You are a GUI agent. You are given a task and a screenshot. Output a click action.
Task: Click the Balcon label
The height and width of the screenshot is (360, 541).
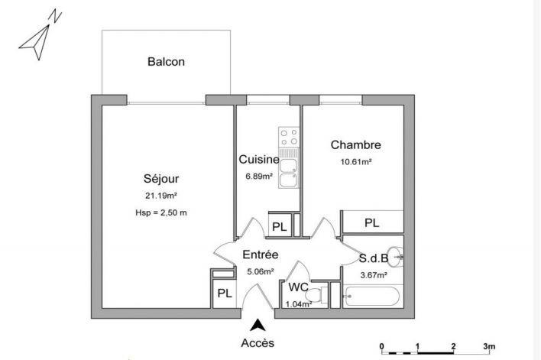[x=166, y=62]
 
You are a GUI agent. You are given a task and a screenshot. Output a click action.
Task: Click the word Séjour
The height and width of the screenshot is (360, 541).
[x=160, y=179]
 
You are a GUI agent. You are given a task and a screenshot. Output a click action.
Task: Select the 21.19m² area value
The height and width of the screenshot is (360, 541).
[x=160, y=196]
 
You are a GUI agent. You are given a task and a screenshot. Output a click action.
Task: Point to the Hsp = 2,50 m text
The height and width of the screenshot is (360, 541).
[x=160, y=212]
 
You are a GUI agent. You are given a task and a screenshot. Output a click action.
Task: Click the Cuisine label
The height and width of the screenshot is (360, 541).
[x=258, y=160]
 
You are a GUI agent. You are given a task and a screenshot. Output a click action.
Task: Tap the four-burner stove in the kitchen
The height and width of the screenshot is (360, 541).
[x=289, y=138]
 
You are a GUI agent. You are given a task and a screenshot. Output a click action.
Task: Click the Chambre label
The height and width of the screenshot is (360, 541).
[x=355, y=144]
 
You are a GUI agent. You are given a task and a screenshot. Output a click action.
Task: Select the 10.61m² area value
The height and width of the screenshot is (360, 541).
[x=355, y=161]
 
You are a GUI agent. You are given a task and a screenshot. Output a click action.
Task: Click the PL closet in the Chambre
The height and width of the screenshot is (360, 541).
[x=371, y=223]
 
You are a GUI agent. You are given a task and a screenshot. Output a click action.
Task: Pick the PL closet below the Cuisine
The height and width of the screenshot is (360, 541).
[x=279, y=227]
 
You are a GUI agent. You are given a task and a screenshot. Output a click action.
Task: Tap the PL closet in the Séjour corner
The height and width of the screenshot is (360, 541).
[x=224, y=293]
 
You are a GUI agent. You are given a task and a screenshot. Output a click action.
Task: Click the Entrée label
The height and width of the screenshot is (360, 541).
[x=260, y=255]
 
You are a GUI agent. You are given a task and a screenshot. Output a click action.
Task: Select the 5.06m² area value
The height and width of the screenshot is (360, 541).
[x=260, y=270]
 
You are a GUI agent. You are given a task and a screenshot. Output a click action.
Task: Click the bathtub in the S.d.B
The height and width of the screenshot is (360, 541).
[x=372, y=295]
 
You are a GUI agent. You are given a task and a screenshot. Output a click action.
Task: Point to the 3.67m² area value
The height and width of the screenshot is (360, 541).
[x=373, y=274]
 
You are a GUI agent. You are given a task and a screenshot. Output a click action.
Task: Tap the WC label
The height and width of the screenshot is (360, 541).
[x=298, y=287]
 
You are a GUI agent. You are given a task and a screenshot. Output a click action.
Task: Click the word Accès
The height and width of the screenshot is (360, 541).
[x=258, y=343]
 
